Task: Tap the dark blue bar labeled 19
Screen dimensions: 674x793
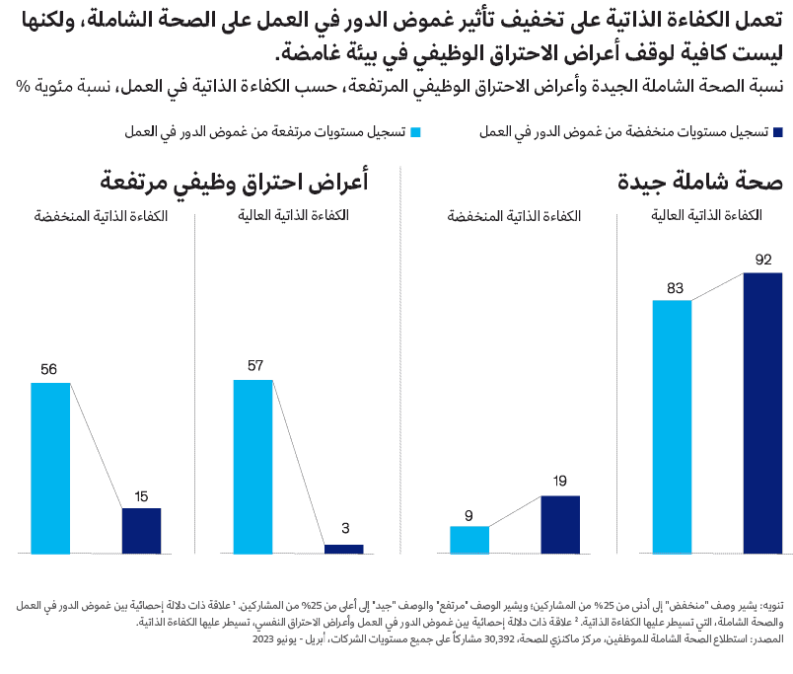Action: (560, 524)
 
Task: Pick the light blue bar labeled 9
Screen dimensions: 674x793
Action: (469, 540)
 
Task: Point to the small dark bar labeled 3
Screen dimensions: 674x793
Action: (343, 549)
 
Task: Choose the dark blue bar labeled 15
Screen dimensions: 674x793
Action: (141, 531)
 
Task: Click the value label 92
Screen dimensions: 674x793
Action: (762, 261)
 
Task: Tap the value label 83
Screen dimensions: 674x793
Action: (675, 288)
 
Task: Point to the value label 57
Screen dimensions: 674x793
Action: (255, 366)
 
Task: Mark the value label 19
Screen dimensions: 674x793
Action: (559, 483)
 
